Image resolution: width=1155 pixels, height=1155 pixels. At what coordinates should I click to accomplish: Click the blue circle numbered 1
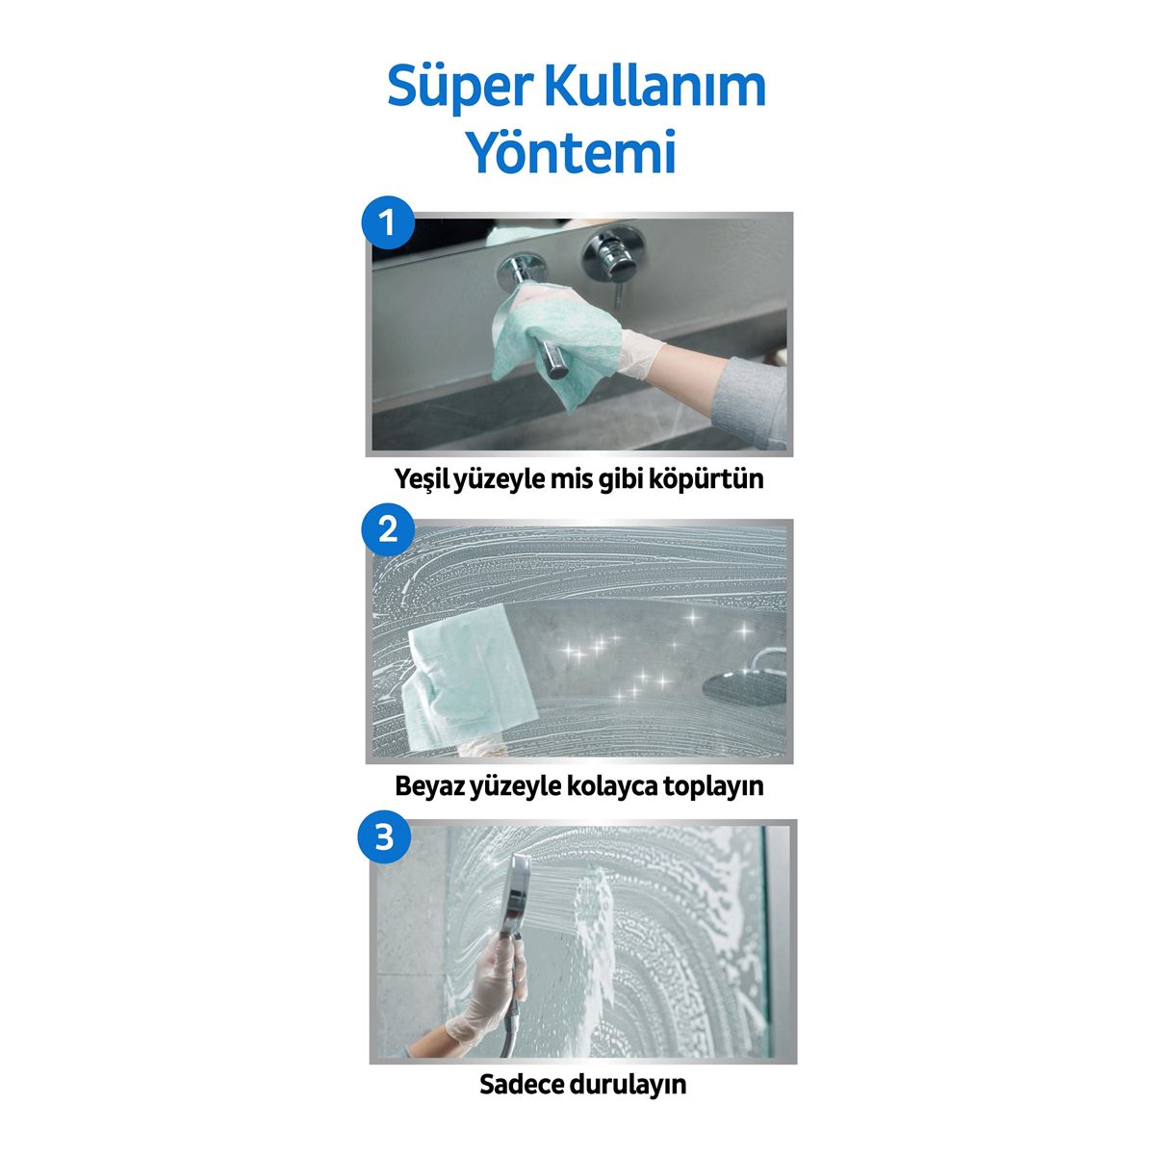click(387, 224)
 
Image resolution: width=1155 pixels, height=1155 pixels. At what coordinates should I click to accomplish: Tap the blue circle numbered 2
click(387, 528)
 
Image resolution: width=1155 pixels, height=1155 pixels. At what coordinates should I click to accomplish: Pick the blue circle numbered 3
click(385, 836)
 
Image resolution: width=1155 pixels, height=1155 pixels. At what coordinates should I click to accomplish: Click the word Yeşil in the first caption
click(428, 478)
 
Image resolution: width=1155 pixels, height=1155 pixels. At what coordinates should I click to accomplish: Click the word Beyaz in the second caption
click(430, 785)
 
